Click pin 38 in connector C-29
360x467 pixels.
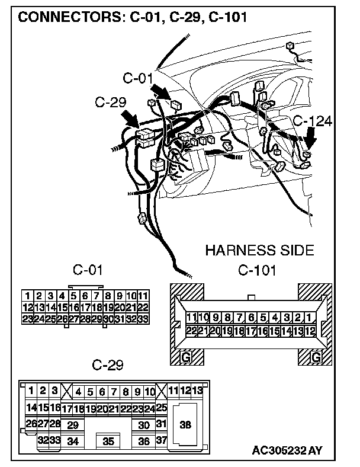pyautogui.click(x=185, y=424)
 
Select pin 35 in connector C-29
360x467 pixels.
pyautogui.click(x=108, y=441)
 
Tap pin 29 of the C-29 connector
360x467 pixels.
pyautogui.click(x=73, y=425)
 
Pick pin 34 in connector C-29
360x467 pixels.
pyautogui.click(x=73, y=441)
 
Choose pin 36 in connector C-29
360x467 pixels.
pyautogui.click(x=143, y=441)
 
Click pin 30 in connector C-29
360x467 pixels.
pyautogui.click(x=143, y=425)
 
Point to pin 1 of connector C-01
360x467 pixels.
pyautogui.click(x=27, y=295)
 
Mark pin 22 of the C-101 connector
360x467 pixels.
pyautogui.click(x=191, y=331)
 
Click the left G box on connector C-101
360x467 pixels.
pyautogui.click(x=186, y=357)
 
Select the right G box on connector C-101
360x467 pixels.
pyautogui.click(x=316, y=357)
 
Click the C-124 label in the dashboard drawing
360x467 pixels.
pyautogui.click(x=313, y=121)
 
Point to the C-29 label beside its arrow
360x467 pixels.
pyautogui.click(x=111, y=103)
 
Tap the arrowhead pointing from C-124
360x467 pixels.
pyautogui.click(x=310, y=147)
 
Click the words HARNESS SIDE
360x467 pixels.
pyautogui.click(x=259, y=251)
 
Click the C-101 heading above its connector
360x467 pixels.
pyautogui.click(x=257, y=271)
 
